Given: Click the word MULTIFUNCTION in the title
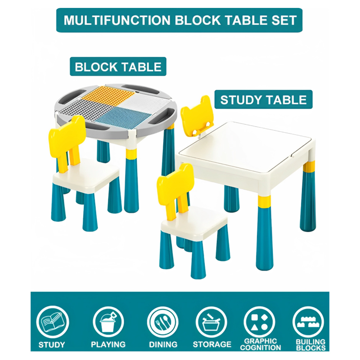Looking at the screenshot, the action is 117,20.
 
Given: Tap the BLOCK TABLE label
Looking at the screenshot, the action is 118,67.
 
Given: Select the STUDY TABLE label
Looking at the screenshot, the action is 264,100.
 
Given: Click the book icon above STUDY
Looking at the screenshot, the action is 52,322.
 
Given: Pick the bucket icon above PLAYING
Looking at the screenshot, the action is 108,322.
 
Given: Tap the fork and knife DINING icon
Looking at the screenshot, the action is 163,322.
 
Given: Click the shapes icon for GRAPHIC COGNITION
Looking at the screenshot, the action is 259,322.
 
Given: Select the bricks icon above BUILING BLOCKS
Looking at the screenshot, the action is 309,322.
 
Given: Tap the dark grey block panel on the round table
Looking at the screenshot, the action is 80,109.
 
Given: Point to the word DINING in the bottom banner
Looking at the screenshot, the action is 163,345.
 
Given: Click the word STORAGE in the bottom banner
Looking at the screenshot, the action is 212,345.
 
